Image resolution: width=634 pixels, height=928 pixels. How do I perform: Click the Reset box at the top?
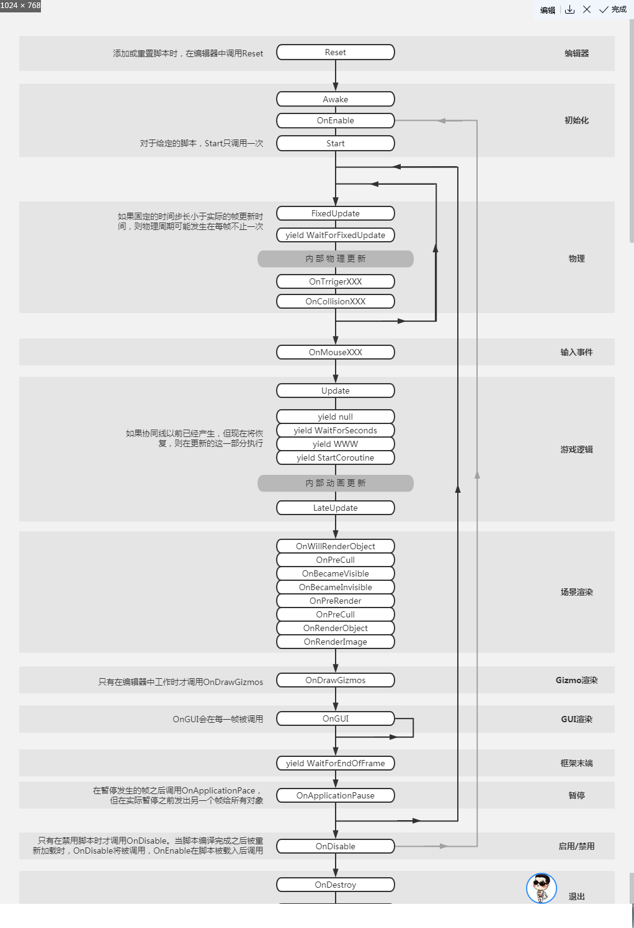coord(335,52)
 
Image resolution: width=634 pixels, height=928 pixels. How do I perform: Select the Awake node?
coord(335,99)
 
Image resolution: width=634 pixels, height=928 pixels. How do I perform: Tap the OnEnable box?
coord(335,120)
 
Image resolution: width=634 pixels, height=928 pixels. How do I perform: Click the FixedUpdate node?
coord(335,213)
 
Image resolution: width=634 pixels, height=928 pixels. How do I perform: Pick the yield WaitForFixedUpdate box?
coord(335,235)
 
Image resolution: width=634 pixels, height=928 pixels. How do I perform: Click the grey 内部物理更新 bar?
coord(335,259)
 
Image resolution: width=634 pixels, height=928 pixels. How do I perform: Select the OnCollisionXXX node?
coord(335,301)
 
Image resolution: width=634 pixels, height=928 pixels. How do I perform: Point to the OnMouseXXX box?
coord(335,352)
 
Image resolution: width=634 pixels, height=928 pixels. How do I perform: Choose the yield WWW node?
coord(335,444)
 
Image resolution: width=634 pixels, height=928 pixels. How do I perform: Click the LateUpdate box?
coord(335,508)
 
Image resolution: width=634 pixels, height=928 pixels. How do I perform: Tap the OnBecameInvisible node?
coord(335,587)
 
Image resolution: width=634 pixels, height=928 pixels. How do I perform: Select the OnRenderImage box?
coord(335,642)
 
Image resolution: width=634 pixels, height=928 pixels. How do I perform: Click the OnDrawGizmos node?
coord(335,680)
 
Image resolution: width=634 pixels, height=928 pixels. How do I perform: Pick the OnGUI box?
coord(335,718)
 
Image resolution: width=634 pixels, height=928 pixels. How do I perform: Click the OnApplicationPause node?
coord(335,795)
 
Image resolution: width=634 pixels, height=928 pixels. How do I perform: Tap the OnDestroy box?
coord(335,885)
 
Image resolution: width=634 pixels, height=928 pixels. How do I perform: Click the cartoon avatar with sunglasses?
coord(541,888)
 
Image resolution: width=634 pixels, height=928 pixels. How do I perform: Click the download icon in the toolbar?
coord(569,9)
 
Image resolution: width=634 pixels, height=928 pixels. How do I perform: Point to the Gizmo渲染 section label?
coord(576,680)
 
